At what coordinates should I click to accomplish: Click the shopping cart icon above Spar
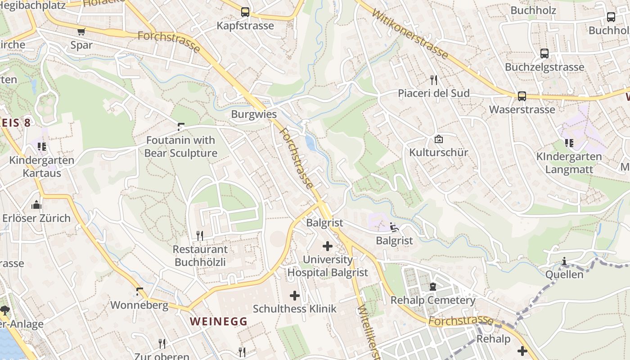coord(81,31)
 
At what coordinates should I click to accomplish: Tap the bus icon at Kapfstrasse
coord(245,12)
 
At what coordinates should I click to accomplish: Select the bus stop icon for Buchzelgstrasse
coord(544,54)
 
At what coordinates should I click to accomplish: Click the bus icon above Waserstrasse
coord(522,96)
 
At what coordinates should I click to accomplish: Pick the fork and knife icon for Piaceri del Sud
coord(433,80)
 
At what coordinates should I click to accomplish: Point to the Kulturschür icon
coord(438,139)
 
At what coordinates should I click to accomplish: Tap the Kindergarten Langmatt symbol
coord(569,143)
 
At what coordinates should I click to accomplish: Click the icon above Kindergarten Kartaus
coord(42,146)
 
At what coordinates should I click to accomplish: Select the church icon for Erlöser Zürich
coord(36,205)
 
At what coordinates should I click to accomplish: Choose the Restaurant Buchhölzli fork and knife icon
coord(200,235)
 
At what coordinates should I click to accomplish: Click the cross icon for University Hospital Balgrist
coord(328,246)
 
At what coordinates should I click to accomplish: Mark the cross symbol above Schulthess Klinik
coord(294,295)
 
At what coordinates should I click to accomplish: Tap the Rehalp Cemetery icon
coord(432,286)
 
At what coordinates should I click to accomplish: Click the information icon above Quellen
coord(564,261)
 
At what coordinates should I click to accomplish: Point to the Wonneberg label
coord(139,305)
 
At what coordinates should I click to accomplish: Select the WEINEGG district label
coord(218,321)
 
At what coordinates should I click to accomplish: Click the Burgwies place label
coord(254,114)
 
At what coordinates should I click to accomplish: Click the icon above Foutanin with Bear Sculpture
coord(181,127)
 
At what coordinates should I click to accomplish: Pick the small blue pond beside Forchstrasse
coord(310,143)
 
